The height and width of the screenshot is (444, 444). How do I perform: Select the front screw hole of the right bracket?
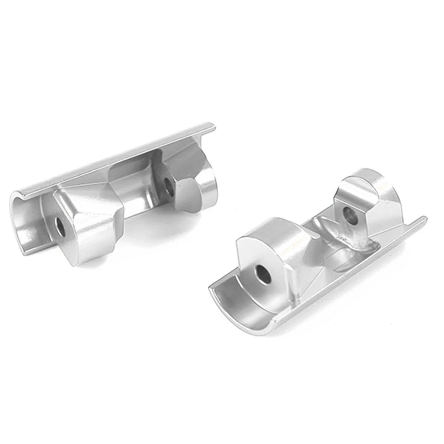[x=263, y=274]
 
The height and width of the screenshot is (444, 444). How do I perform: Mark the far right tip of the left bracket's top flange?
[x=213, y=126]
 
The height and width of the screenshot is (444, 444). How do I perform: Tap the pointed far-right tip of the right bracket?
[x=424, y=218]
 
